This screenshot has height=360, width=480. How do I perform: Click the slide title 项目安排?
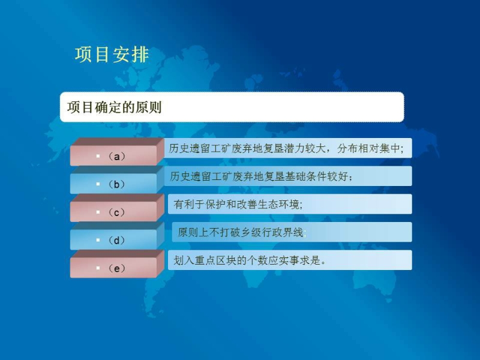pyautogui.click(x=112, y=55)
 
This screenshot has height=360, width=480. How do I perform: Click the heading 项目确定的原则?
pyautogui.click(x=114, y=107)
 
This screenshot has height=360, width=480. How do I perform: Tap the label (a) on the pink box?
pyautogui.click(x=116, y=157)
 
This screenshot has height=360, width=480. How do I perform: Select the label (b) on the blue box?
pyautogui.click(x=116, y=184)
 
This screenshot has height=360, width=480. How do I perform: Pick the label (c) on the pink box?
pyautogui.click(x=116, y=212)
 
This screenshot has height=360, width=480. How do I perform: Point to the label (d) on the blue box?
pyautogui.click(x=116, y=241)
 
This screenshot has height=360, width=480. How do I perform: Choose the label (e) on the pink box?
pyautogui.click(x=116, y=268)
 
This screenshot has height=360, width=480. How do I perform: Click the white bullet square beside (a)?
pyautogui.click(x=98, y=156)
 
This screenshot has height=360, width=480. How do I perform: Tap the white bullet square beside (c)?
pyautogui.click(x=98, y=212)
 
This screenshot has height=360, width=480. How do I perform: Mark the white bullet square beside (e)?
pyautogui.click(x=98, y=268)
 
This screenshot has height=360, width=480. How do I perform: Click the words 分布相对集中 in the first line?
pyautogui.click(x=368, y=148)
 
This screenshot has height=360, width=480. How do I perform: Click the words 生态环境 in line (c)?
pyautogui.click(x=278, y=204)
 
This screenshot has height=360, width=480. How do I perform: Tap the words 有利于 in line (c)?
pyautogui.click(x=189, y=204)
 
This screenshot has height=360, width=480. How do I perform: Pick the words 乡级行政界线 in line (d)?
pyautogui.click(x=272, y=232)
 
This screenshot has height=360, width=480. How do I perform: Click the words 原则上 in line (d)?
pyautogui.click(x=193, y=232)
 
